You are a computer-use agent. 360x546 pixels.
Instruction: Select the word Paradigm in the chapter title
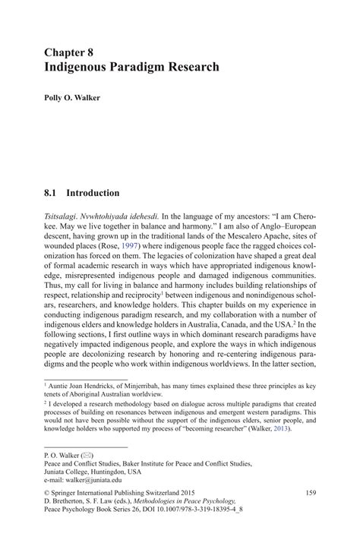pos(146,66)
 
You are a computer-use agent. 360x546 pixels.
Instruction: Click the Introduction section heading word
pos(93,193)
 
